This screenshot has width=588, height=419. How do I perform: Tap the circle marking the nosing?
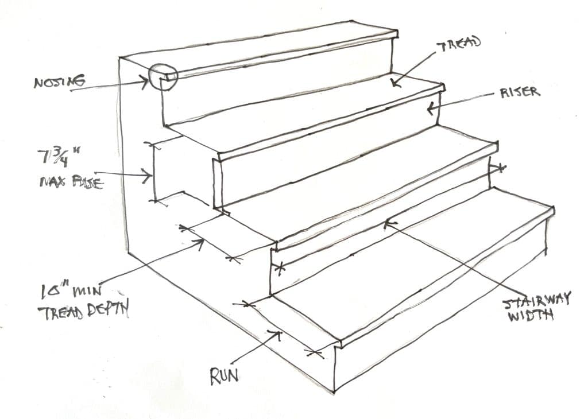coord(162,76)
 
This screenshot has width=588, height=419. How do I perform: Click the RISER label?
coord(520,92)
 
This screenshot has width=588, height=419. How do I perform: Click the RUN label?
coord(224,377)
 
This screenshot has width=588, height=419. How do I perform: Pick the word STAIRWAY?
coord(536,299)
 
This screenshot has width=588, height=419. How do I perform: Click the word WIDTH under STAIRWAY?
coord(531,315)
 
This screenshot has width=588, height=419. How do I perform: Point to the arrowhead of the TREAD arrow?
coord(394,84)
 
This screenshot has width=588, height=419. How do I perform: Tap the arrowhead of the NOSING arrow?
coord(147,81)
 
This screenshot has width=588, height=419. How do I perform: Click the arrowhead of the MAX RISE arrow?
coord(150,174)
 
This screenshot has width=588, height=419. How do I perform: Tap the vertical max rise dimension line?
coord(153,172)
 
